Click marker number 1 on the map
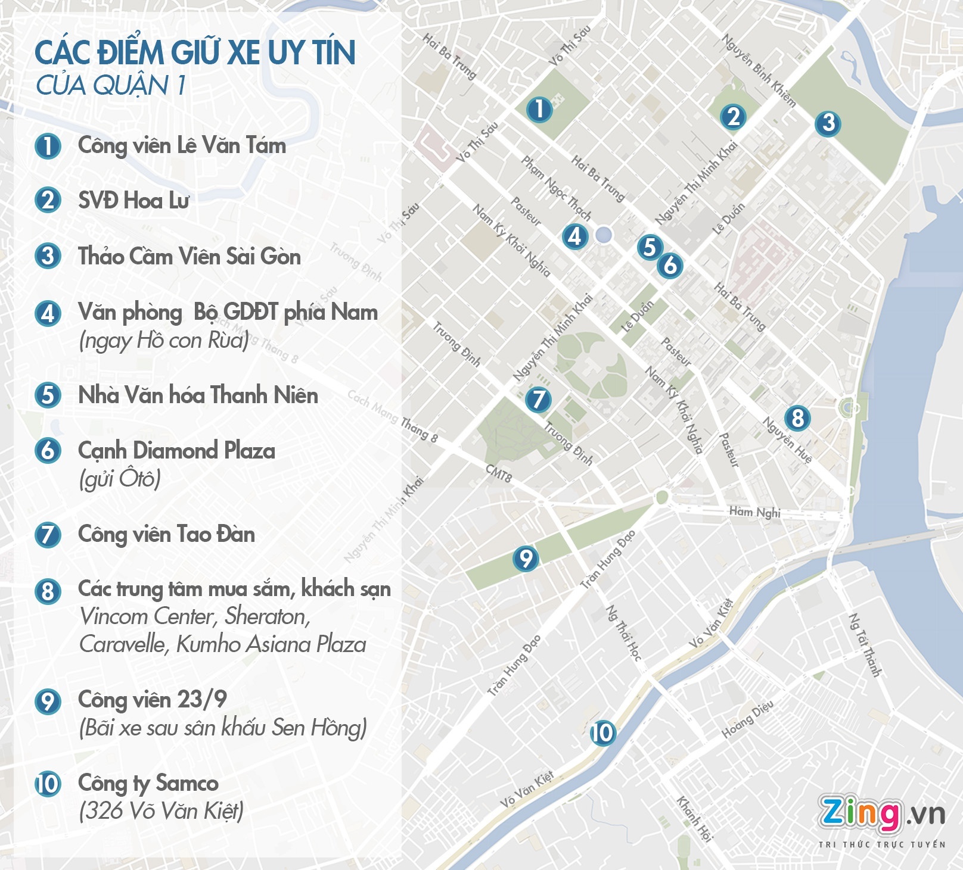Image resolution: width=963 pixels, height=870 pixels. pyautogui.click(x=539, y=110)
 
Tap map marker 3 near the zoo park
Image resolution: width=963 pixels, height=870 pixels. pyautogui.click(x=828, y=123)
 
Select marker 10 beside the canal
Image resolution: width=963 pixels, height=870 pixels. pyautogui.click(x=602, y=732)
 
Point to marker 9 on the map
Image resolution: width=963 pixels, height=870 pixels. pyautogui.click(x=526, y=559)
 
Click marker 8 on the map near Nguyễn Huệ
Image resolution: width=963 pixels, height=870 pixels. pyautogui.click(x=797, y=418)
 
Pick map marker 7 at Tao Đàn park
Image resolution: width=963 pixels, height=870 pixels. pyautogui.click(x=538, y=399)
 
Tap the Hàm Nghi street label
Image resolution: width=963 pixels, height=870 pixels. pyautogui.click(x=754, y=512)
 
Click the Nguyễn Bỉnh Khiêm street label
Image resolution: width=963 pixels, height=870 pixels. pyautogui.click(x=759, y=70)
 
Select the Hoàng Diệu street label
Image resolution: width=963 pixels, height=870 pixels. pyautogui.click(x=747, y=719)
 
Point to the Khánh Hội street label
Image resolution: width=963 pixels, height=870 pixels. pyautogui.click(x=695, y=819)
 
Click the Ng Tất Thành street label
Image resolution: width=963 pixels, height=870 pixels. pyautogui.click(x=865, y=645)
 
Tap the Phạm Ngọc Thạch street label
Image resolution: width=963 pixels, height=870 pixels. pyautogui.click(x=557, y=188)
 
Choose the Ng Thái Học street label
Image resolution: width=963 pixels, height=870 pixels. pyautogui.click(x=623, y=632)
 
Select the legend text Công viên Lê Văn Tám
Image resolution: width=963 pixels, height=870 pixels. pyautogui.click(x=182, y=146)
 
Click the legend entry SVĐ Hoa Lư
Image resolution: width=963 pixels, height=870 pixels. pyautogui.click(x=133, y=201)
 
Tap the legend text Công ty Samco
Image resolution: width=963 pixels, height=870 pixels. pyautogui.click(x=148, y=783)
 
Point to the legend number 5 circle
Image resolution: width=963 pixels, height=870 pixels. pyautogui.click(x=48, y=395)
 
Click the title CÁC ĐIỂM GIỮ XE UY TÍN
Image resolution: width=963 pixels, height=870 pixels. pyautogui.click(x=195, y=52)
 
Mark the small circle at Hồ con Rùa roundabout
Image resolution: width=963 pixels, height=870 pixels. pyautogui.click(x=604, y=235)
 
